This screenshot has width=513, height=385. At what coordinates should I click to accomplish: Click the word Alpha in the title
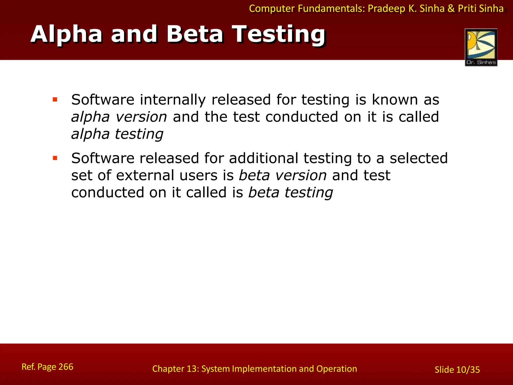click(66, 34)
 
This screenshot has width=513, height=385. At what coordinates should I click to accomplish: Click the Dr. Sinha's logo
click(481, 47)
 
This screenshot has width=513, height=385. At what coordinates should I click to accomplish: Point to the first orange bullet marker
click(55, 100)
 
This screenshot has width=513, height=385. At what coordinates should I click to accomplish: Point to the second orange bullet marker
click(55, 158)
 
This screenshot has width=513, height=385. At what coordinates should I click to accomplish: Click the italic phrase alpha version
click(119, 117)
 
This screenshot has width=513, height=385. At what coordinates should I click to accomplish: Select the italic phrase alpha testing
click(117, 134)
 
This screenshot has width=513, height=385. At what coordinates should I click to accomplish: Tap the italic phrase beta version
click(283, 175)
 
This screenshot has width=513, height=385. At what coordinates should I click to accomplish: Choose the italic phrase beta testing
click(291, 192)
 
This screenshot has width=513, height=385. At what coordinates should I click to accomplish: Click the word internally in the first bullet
click(173, 100)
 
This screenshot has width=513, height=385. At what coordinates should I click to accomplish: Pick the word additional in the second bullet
click(263, 158)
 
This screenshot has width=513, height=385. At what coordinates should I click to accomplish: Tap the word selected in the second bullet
click(419, 158)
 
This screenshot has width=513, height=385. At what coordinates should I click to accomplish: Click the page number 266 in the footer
click(66, 367)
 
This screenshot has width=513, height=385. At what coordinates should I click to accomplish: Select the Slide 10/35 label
click(457, 370)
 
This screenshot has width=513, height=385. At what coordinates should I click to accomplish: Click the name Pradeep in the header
click(386, 9)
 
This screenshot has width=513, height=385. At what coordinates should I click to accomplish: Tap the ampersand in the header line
click(451, 9)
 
